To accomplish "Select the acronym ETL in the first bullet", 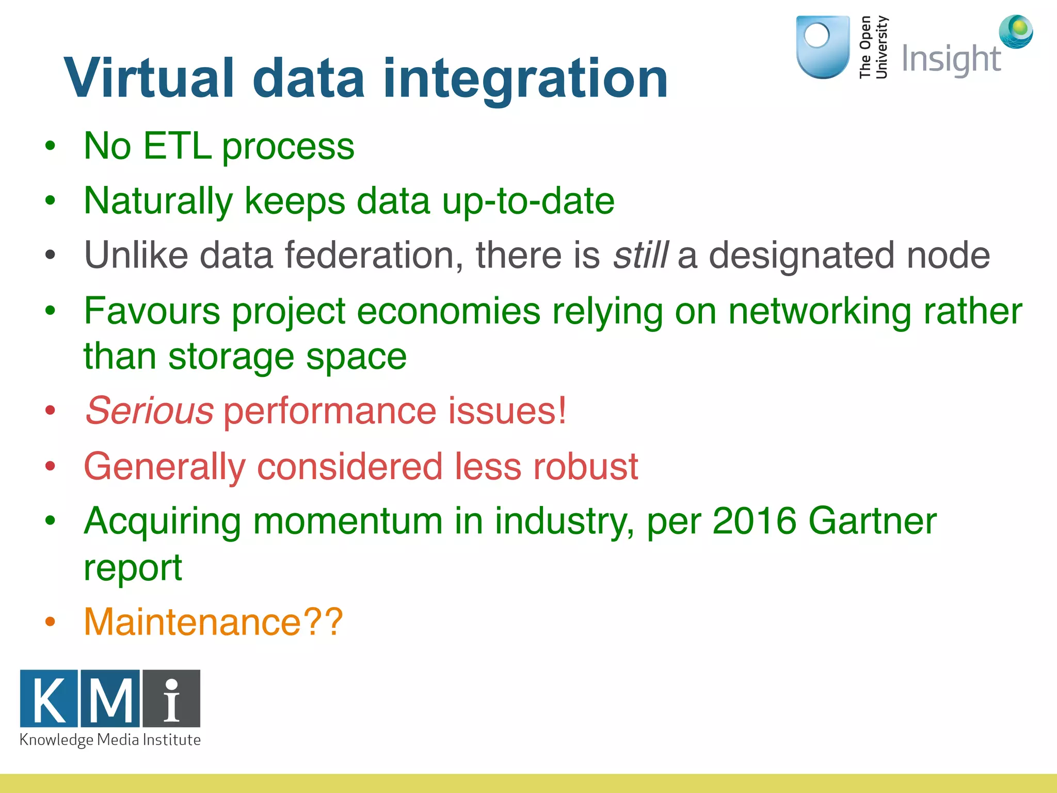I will (x=177, y=146).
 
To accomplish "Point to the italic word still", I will (x=640, y=255).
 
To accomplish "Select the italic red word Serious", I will (x=150, y=411).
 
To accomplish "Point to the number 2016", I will (x=754, y=521).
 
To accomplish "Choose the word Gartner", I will (x=872, y=521).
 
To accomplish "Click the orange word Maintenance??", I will (x=213, y=622).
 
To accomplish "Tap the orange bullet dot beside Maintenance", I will (x=50, y=622).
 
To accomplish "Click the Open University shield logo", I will (x=823, y=47).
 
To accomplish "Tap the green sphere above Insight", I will (x=1016, y=31).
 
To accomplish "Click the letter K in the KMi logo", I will (x=49, y=699).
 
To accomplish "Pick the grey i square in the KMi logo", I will (x=171, y=699).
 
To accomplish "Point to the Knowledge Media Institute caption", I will (x=110, y=740).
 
